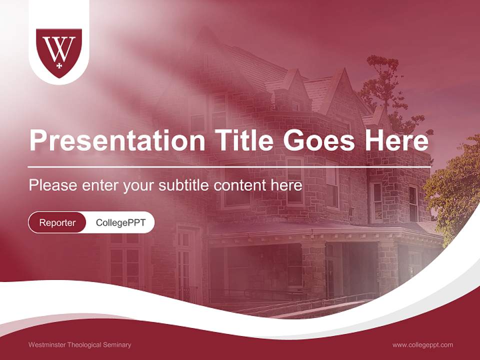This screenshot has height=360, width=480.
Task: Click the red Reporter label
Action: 57,222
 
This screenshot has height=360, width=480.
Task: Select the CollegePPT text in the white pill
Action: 120,222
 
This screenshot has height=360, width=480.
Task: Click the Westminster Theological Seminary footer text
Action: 80,345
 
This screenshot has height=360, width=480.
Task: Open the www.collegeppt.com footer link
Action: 422,345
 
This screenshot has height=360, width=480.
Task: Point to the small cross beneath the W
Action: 59,65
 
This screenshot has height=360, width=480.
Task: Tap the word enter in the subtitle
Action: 100,185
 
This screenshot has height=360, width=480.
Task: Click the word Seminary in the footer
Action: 117,345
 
